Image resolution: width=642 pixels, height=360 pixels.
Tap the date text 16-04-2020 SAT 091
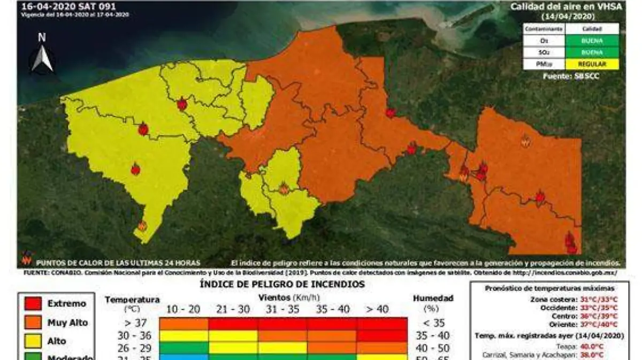[68, 7]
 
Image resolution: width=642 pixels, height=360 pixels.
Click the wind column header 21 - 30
[233, 309]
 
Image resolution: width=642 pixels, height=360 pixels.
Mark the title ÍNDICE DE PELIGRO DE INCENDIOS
[282, 285]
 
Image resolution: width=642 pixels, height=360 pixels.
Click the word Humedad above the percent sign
[433, 298]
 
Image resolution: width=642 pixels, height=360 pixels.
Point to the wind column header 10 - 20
[184, 309]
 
